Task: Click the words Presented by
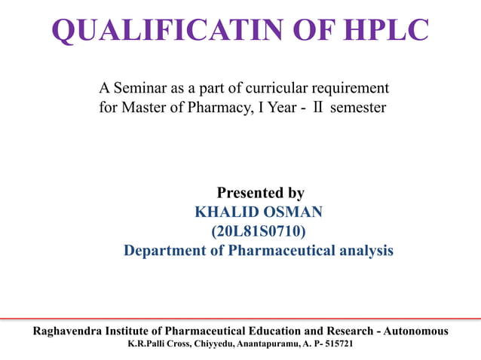click(x=260, y=193)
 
